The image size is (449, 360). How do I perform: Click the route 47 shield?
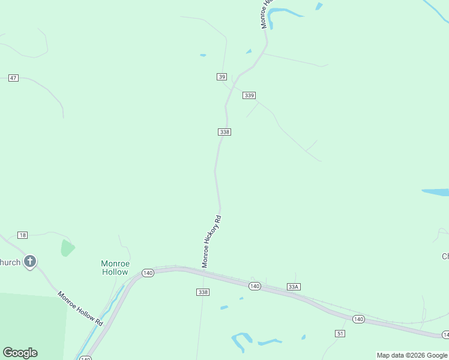14,78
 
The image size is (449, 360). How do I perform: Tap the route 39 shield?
222,77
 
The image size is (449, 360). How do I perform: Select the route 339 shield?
250,95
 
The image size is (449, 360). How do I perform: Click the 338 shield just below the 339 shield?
224,132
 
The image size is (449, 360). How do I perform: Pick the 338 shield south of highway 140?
203,292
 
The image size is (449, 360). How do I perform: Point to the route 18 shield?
23,235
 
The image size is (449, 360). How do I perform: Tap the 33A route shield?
293,287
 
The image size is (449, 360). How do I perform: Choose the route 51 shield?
340,333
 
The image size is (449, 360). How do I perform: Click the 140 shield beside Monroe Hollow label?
148,273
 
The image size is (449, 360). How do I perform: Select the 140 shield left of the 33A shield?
255,287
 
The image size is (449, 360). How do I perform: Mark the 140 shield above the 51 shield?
358,319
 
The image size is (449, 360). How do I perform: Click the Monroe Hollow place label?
115,268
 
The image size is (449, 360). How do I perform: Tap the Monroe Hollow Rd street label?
80,308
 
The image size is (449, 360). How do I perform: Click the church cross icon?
30,262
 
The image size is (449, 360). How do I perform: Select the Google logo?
20,353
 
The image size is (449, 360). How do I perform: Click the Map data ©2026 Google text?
412,355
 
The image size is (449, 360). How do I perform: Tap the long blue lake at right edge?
436,193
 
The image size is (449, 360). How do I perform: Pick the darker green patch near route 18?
67,248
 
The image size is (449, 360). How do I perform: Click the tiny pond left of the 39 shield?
203,55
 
